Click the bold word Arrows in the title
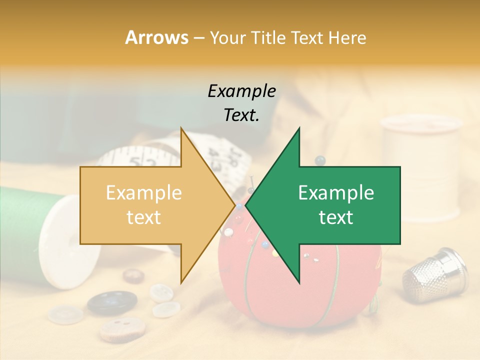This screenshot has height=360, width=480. click(156, 37)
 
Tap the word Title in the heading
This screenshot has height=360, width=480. click(268, 37)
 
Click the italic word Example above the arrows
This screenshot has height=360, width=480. click(241, 91)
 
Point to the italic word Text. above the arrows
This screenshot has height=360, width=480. click(241, 115)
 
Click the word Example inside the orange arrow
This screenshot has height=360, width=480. click(143, 193)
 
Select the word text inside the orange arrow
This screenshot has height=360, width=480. click(143, 217)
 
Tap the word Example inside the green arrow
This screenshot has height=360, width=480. click(336, 193)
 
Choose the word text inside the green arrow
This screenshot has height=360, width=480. click(336, 217)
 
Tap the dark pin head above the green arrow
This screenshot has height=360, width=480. click(320, 160)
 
